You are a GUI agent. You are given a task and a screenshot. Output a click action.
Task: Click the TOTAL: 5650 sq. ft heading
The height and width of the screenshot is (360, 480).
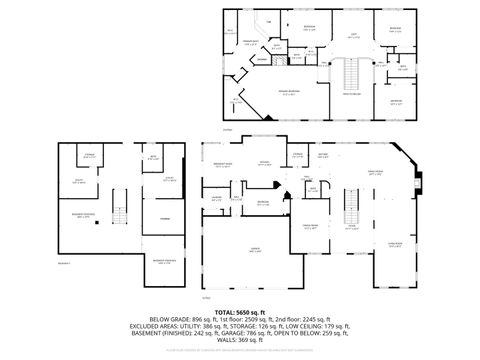pyautogui.click(x=240, y=313)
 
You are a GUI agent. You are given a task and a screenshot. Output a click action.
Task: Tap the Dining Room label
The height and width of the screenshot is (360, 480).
pyautogui.click(x=310, y=226)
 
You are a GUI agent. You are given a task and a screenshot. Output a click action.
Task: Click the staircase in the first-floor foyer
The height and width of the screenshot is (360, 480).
pyautogui.click(x=351, y=205)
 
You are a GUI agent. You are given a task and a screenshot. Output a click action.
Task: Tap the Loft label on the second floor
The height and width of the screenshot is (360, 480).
pyautogui.click(x=352, y=35)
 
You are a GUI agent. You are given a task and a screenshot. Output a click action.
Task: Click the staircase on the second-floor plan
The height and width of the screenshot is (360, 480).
pyautogui.click(x=350, y=75)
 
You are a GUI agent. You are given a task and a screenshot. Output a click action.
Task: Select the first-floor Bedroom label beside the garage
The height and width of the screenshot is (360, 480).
pyautogui.click(x=262, y=203)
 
